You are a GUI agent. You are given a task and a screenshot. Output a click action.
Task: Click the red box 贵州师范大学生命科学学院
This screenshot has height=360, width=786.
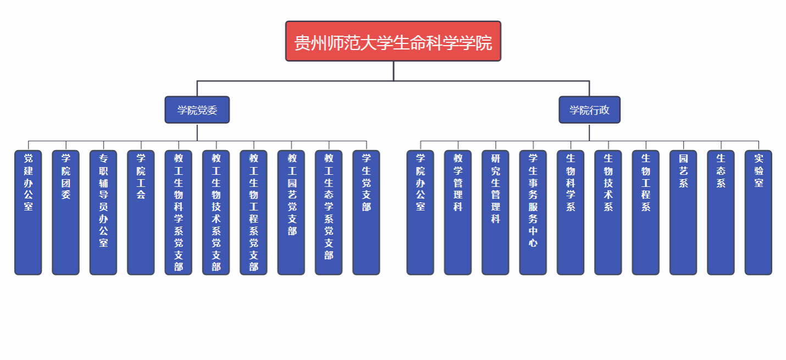393,41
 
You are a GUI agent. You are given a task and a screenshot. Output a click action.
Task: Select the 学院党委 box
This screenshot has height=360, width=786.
197,110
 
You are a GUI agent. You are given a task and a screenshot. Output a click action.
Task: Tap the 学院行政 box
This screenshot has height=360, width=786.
589,110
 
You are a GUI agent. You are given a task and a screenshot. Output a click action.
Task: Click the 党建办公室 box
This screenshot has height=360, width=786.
28,212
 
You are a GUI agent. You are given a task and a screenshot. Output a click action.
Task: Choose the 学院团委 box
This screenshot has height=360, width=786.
65,212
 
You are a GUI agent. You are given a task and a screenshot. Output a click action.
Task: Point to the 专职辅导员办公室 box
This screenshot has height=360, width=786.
103,212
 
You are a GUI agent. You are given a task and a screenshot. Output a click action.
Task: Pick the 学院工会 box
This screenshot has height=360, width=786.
141,212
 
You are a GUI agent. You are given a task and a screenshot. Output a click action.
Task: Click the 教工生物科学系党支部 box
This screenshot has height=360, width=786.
179,212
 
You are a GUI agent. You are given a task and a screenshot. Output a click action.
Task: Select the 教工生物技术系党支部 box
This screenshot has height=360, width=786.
216,212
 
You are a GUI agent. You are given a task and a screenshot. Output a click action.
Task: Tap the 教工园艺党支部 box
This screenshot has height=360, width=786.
291,212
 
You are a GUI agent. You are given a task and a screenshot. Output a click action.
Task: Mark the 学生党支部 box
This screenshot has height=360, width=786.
366,212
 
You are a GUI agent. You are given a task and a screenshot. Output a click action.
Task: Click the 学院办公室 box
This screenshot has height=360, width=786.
420,212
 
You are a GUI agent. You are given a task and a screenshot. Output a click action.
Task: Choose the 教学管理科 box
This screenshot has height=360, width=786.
458,212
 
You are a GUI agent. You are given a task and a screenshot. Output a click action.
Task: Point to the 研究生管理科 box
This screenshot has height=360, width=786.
495,212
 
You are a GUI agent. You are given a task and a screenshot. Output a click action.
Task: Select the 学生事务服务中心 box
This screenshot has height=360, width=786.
533,212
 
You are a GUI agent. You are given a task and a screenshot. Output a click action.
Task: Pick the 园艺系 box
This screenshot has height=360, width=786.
683,212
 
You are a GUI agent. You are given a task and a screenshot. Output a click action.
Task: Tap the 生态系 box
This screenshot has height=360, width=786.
721,212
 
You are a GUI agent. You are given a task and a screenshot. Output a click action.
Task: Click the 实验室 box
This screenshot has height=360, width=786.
759,212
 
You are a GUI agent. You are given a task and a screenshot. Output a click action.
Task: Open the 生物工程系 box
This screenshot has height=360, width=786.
646,212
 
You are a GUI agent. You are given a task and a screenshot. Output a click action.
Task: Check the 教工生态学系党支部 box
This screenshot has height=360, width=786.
329,212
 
